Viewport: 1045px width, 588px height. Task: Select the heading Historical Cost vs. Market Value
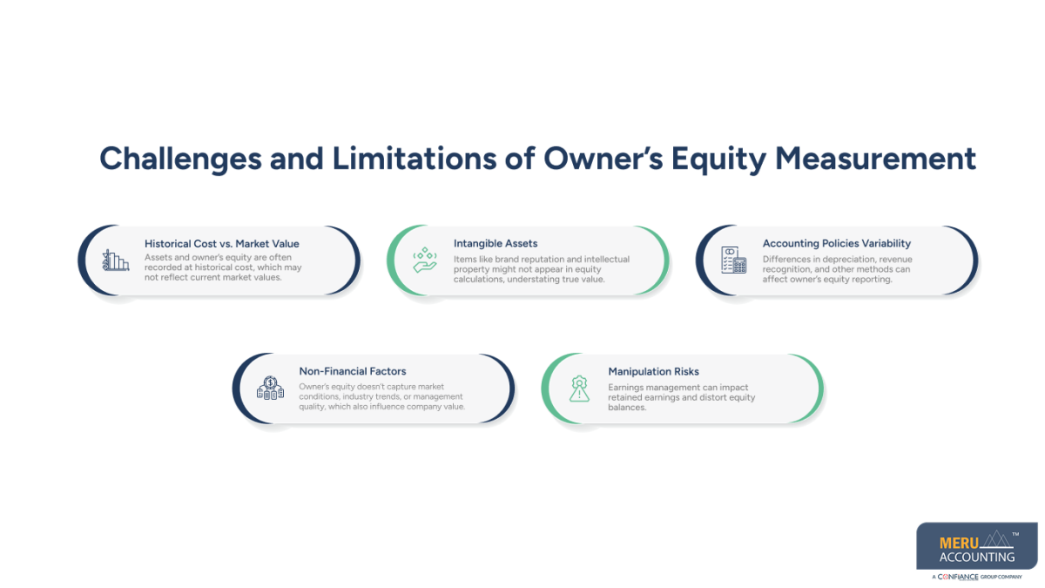coord(221,244)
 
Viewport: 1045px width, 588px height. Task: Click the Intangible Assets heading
coord(496,244)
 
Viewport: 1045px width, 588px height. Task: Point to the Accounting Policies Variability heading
coord(836,244)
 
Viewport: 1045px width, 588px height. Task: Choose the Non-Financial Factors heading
coord(352,371)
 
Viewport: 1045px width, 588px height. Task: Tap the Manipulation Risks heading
coord(653,371)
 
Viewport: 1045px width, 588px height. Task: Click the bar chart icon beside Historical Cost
coord(115,260)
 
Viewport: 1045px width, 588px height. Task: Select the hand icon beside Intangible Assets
coord(424,260)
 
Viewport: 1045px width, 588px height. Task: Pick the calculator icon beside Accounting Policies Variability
coord(733,260)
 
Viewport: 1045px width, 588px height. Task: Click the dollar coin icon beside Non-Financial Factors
coord(270,388)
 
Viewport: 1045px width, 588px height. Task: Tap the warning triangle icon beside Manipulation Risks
coord(579,388)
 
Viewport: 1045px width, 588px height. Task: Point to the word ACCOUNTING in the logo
coord(977,557)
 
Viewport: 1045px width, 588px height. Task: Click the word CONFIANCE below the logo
coord(957,577)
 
